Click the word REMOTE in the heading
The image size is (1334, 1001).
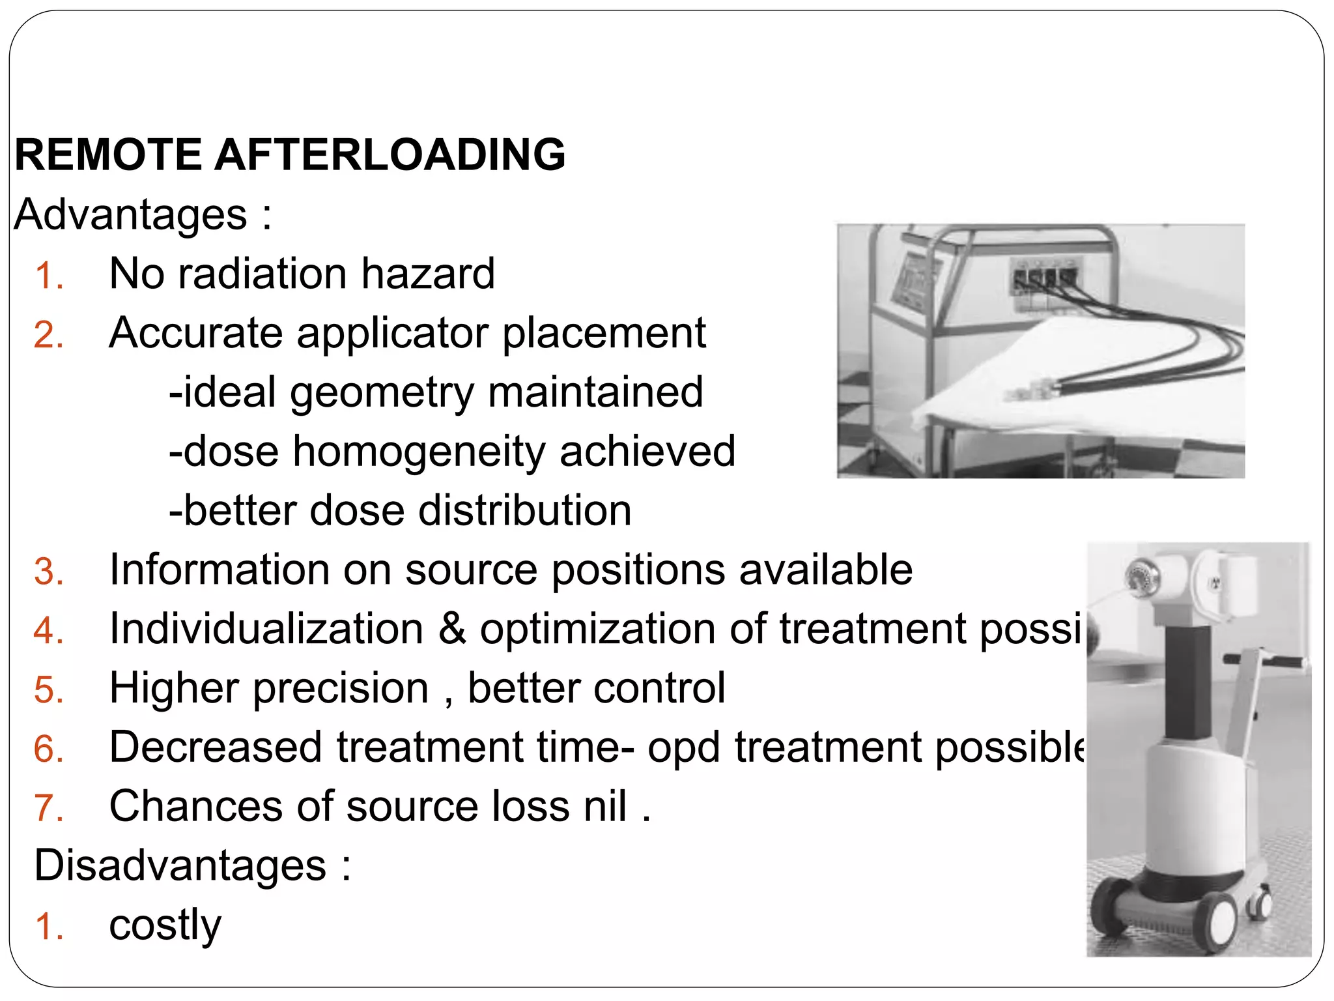pos(108,155)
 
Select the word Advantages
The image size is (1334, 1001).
pos(130,214)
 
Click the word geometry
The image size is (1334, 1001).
pos(382,393)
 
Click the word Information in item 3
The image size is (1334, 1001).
pos(219,570)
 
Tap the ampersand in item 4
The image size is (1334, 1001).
pos(452,629)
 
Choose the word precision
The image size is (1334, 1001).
pos(341,689)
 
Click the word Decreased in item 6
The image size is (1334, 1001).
pos(216,747)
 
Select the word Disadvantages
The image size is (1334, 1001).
pos(180,865)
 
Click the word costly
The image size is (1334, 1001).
pos(165,925)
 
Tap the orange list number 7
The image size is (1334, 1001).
pos(48,808)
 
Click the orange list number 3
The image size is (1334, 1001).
pos(48,572)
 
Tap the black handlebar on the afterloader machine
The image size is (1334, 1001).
pos(1266,661)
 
